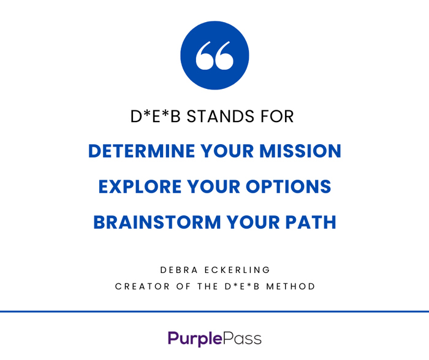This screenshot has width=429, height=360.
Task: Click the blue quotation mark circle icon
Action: click(214, 55)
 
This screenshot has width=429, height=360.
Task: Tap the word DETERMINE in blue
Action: click(142, 151)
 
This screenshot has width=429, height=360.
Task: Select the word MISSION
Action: click(300, 151)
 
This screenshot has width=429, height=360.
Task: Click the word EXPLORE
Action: click(140, 186)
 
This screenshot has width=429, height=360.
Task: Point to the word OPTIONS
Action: click(289, 186)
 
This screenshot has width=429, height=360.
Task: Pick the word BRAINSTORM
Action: click(157, 222)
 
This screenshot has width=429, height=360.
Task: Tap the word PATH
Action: click(311, 222)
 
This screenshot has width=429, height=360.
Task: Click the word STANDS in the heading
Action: click(221, 117)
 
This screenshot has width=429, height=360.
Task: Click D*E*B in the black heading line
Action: click(156, 117)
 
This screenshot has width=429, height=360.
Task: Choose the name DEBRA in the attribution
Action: click(179, 270)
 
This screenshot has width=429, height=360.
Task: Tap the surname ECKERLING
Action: click(237, 270)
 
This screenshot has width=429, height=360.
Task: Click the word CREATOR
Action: click(142, 286)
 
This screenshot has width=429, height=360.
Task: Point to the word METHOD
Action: click(290, 286)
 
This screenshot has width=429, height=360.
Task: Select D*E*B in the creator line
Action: click(242, 286)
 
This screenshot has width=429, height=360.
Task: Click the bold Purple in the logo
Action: click(195, 339)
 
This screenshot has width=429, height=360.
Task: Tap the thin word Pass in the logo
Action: click(242, 339)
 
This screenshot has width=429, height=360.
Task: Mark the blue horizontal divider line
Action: click(214, 312)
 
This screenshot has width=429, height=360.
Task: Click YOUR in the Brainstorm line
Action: click(253, 222)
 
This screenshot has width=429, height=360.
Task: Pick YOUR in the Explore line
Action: click(214, 186)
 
